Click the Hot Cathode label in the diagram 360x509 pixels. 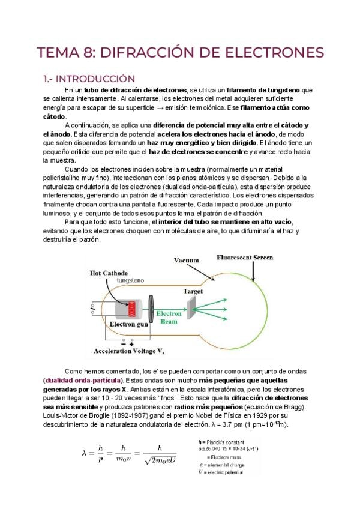pos(109,273)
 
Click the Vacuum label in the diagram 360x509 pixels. pos(187,261)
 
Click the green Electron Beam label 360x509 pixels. pos(169,318)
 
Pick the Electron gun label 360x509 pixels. pos(128,325)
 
